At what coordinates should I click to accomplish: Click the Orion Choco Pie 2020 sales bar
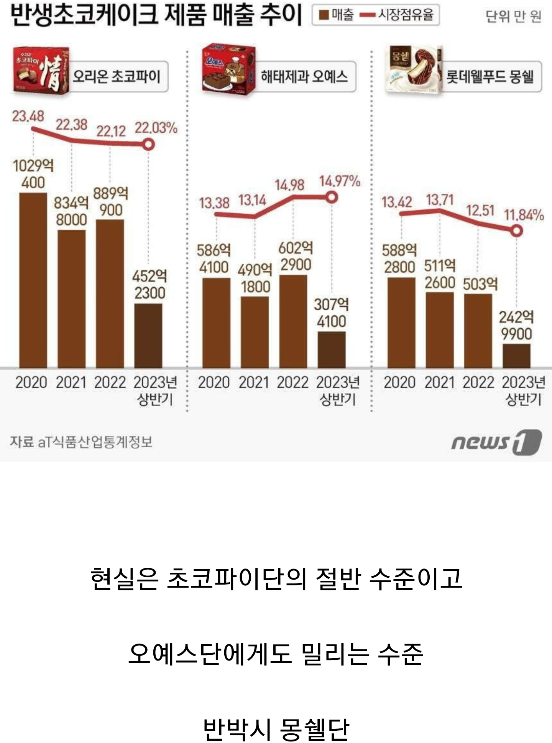pos(33,280)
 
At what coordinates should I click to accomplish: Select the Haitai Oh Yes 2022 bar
pos(293,321)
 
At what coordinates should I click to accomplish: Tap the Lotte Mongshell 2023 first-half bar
pos(516,356)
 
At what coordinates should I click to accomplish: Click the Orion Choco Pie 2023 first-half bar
pos(148,336)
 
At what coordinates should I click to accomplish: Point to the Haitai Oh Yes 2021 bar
pos(255,332)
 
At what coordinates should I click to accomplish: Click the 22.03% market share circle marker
pos(148,145)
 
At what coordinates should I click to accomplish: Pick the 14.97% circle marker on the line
pos(332,198)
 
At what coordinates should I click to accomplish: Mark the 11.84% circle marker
pos(517,231)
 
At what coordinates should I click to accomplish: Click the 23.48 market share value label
pos(28,116)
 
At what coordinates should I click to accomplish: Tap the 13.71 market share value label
pos(440,200)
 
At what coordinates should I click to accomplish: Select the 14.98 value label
pos(289,185)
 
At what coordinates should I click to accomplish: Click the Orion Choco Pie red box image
pos(41,70)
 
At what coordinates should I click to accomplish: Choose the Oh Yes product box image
pos(228,69)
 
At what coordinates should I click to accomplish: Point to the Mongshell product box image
pos(413,69)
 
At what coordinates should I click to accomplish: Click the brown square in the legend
pos(324,15)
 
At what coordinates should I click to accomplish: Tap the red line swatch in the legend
pos(368,15)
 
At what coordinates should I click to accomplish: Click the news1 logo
pos(496,442)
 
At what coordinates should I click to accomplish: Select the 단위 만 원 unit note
pos(513,16)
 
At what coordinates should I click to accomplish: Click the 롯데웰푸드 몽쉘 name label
pos(490,77)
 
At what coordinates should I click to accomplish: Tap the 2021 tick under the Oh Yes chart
pos(254,382)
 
